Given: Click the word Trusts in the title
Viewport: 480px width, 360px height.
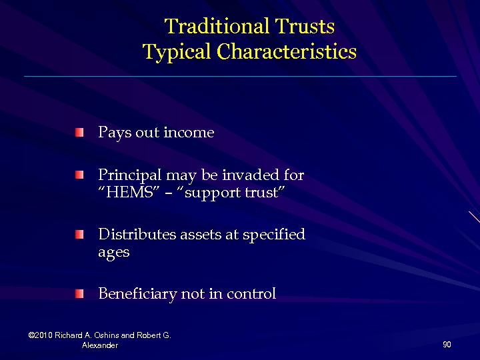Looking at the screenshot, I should point(302,27).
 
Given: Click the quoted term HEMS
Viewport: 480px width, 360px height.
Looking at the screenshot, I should point(127,193).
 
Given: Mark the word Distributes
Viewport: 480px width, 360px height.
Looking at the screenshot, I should point(137,235).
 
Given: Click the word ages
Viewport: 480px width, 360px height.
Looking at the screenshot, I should point(113,253).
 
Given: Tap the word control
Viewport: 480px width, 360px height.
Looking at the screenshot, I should point(252,293).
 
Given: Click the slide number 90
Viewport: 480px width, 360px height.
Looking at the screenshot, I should point(447,345).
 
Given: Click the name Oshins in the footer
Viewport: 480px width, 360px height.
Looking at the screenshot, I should point(108,335).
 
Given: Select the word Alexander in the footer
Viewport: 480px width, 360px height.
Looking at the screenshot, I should point(99,345).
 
